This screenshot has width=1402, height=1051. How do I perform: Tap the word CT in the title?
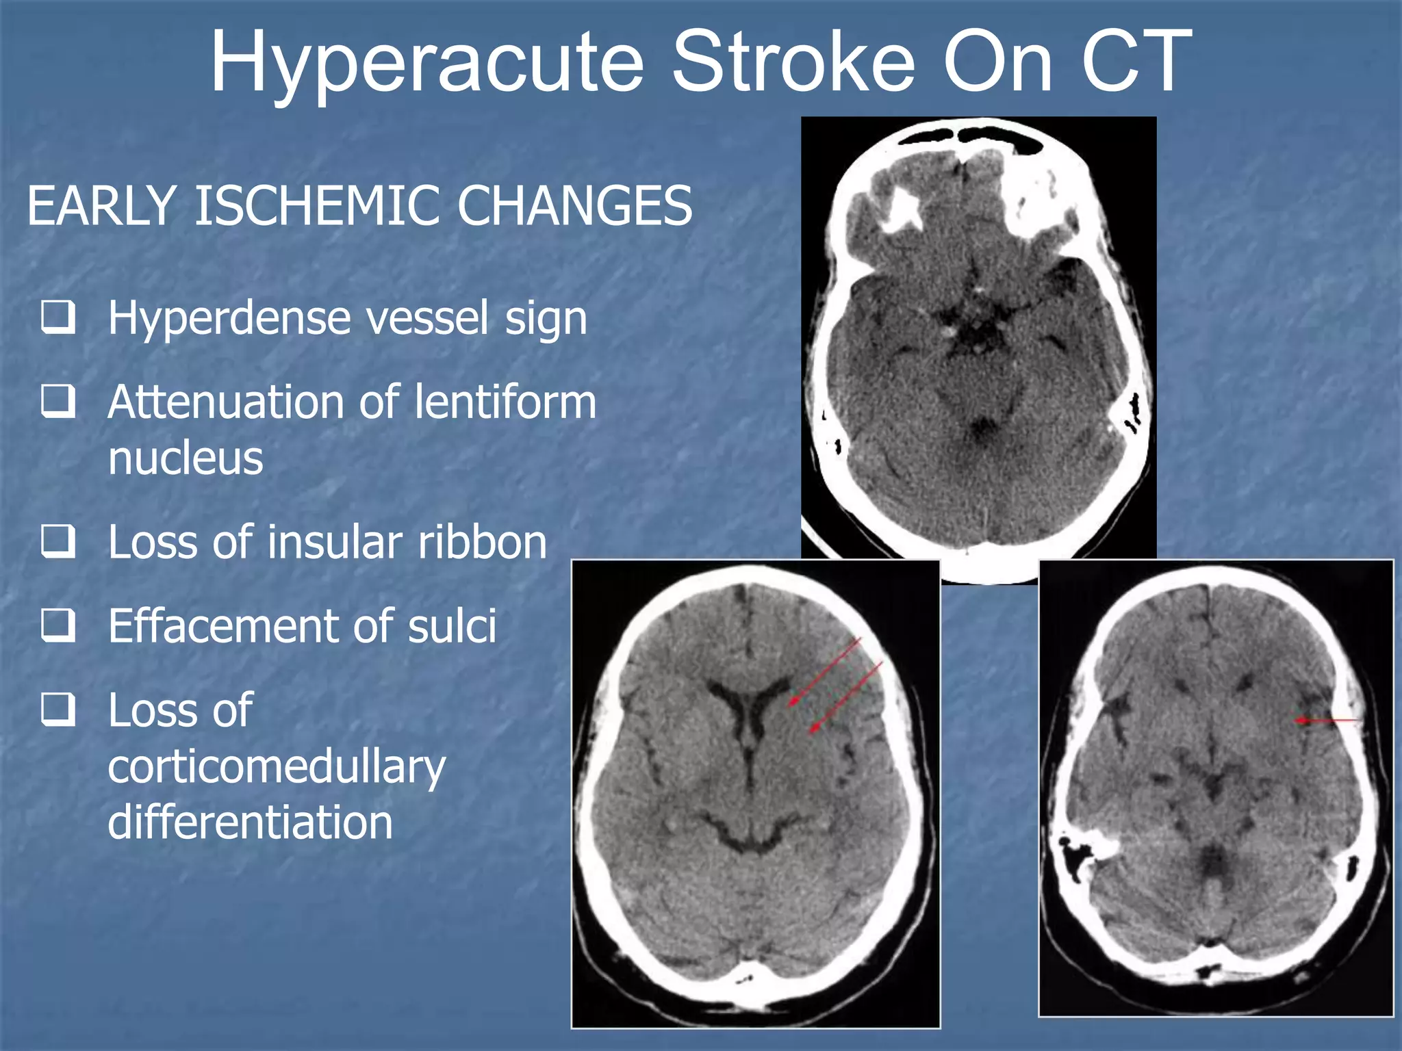point(1136,63)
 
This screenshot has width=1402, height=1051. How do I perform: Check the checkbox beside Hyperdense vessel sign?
point(58,317)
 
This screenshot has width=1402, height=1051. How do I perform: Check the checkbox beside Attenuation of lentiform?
point(58,401)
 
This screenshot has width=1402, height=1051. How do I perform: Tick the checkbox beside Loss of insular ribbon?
point(58,541)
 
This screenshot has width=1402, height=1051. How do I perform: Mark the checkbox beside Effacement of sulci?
point(58,625)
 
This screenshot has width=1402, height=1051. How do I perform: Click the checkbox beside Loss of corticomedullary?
point(58,709)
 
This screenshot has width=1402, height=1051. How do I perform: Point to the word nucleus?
point(186,458)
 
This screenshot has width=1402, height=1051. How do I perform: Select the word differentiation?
point(250,822)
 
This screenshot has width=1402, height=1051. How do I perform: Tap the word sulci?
point(452,625)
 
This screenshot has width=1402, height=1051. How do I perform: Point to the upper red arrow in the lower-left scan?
point(825,672)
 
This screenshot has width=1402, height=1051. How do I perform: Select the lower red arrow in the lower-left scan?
point(845,697)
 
